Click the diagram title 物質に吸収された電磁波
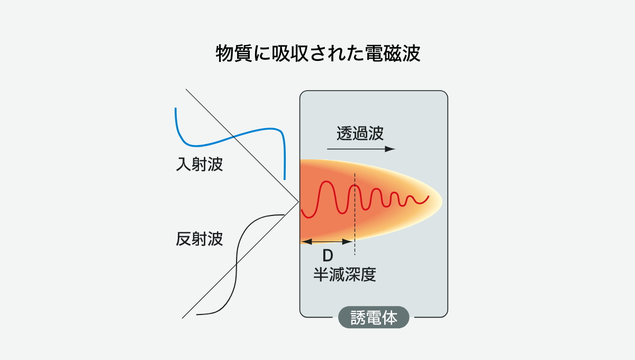(x=318, y=53)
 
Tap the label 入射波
(x=199, y=164)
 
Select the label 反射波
(x=199, y=239)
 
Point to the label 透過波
(x=360, y=133)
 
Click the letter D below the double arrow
(x=328, y=256)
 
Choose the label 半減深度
(x=344, y=274)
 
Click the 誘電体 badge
(x=374, y=317)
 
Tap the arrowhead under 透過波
(x=390, y=149)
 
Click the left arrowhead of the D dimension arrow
(x=306, y=242)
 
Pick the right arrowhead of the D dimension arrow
(x=348, y=242)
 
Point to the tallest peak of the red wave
(x=326, y=182)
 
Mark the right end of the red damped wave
(x=429, y=196)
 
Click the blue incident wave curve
(x=230, y=137)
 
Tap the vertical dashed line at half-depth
(x=355, y=214)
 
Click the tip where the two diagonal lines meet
(x=299, y=202)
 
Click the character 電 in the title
(x=374, y=53)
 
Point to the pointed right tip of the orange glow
(x=442, y=202)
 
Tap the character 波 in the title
(x=411, y=53)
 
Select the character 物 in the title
(x=224, y=53)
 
